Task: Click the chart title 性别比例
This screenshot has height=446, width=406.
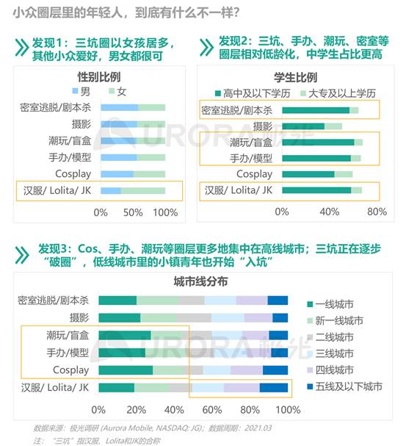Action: pos(99,77)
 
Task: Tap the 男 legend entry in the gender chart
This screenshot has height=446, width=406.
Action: pos(81,91)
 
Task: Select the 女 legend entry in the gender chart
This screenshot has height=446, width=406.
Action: pos(117,91)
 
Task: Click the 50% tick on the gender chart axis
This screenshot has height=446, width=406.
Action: pos(133,212)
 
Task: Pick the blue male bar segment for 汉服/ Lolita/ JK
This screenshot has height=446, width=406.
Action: pos(111,190)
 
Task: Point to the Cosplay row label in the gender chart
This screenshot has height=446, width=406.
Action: pos(73,174)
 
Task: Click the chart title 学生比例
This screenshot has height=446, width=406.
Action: pos(295,77)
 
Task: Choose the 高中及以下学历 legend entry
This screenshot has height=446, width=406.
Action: pos(253,93)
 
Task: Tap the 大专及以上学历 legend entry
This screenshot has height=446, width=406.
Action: pos(338,93)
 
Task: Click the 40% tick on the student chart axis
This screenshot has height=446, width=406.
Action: pos(330,212)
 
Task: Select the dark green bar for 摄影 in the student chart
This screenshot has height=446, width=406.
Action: pos(303,126)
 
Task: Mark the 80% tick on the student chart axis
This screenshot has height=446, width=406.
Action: pos(377,212)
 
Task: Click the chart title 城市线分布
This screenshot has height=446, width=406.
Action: pos(200,281)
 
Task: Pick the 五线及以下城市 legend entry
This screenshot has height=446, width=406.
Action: pos(344,386)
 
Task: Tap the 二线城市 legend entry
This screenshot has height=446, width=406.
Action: pos(330,337)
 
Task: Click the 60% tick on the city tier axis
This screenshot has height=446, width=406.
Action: pos(212,410)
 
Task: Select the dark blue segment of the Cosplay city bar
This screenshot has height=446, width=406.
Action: pos(275,370)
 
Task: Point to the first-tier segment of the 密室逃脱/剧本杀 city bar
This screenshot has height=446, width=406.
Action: pos(117,301)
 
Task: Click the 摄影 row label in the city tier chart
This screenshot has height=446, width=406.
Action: pos(79,317)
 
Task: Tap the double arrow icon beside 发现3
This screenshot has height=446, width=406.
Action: pos(22,255)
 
